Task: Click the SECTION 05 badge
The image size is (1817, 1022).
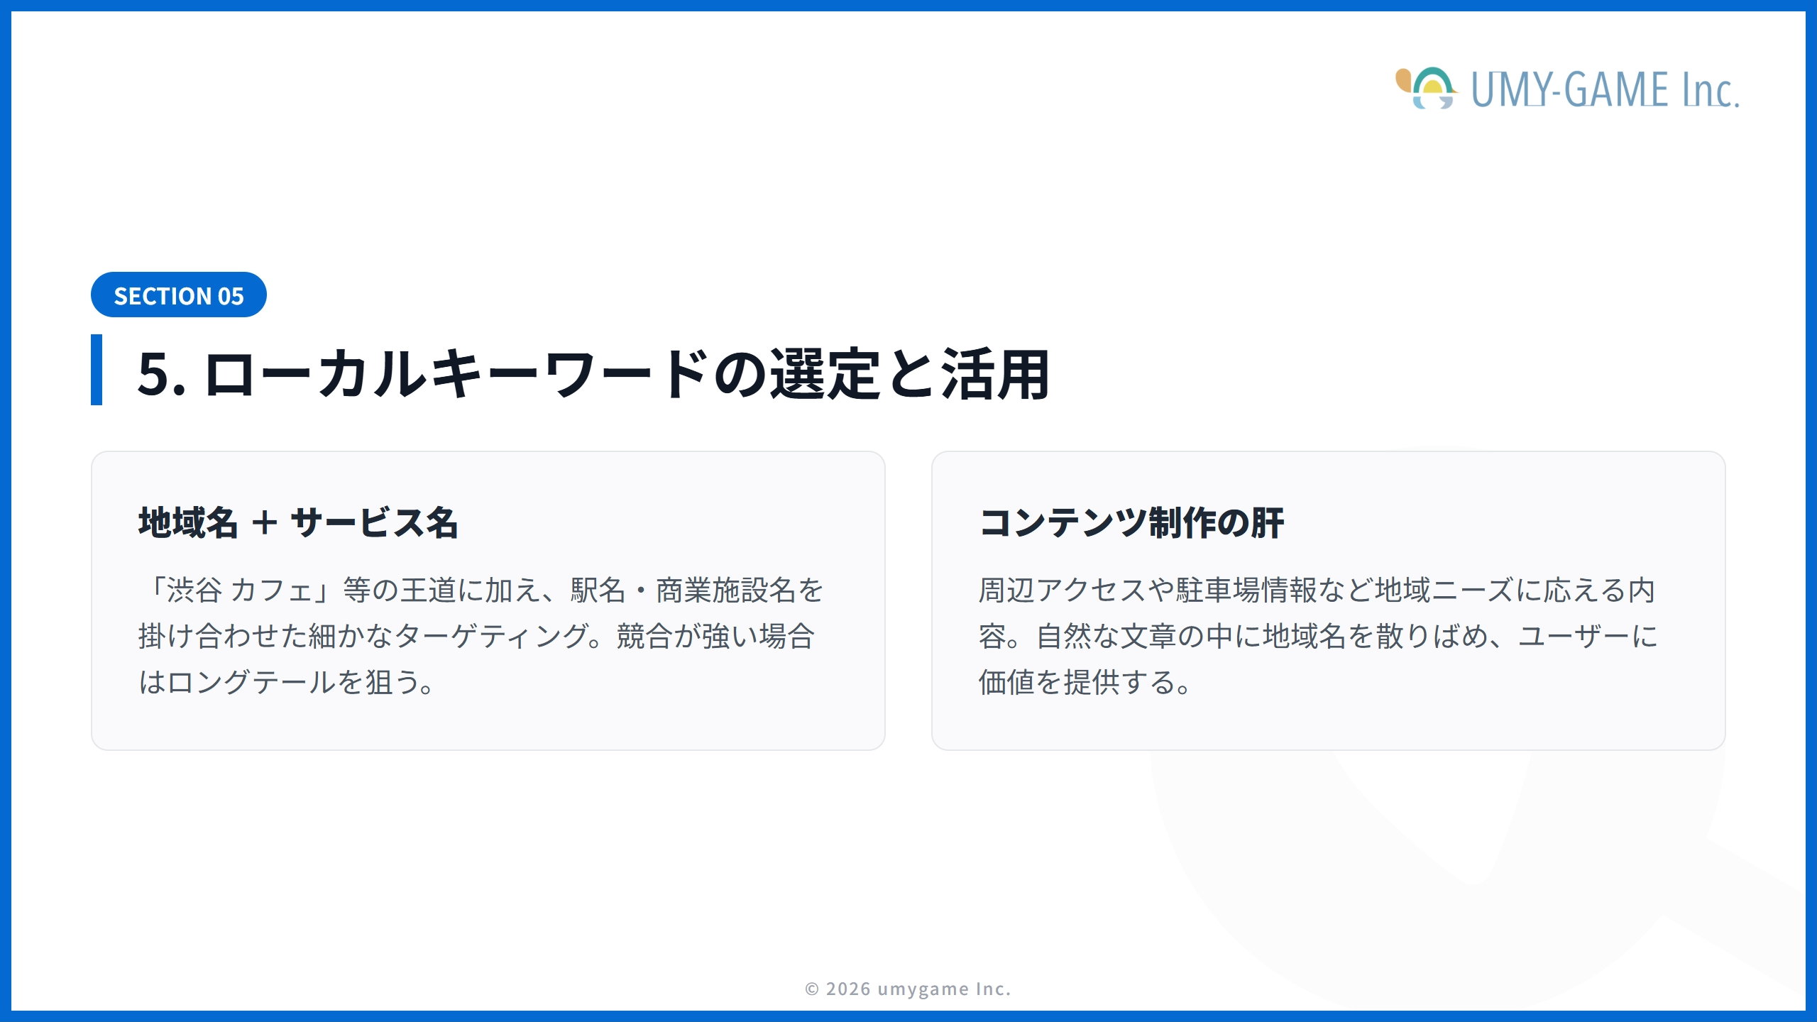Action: (178, 295)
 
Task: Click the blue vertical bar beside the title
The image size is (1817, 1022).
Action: (97, 370)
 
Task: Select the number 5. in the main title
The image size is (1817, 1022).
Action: (161, 374)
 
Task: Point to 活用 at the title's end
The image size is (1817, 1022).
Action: (995, 374)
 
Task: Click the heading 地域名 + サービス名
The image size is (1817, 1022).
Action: (298, 523)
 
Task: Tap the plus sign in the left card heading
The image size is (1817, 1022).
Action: (265, 523)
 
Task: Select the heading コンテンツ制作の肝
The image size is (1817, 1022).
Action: (1131, 523)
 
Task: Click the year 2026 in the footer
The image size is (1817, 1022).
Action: (848, 989)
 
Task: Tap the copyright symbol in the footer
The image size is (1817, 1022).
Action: (812, 989)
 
